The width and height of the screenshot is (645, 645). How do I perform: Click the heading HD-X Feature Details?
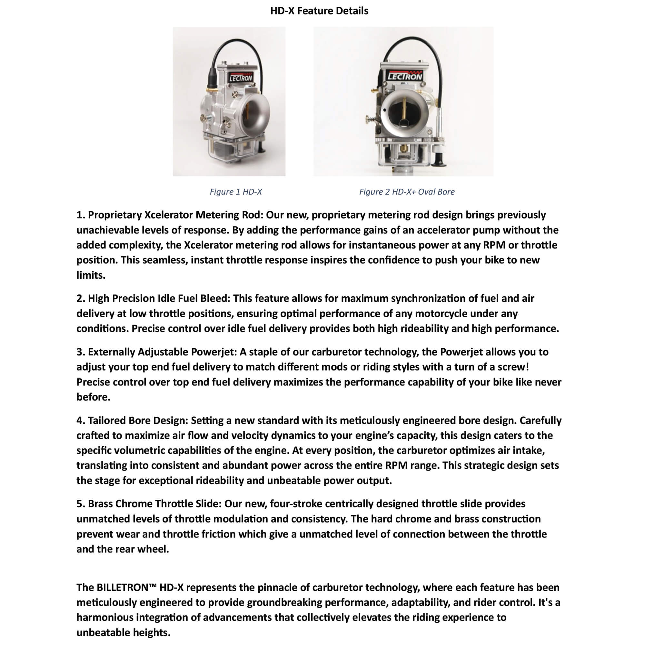click(x=319, y=11)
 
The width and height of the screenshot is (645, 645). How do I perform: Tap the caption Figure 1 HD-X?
click(x=236, y=192)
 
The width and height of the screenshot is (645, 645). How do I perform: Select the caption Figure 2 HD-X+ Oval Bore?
click(x=407, y=192)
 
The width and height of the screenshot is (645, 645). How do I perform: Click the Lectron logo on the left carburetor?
click(x=240, y=78)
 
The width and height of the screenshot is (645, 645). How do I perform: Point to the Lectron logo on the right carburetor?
click(x=404, y=76)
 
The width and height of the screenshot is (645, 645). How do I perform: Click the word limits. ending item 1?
click(x=91, y=275)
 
